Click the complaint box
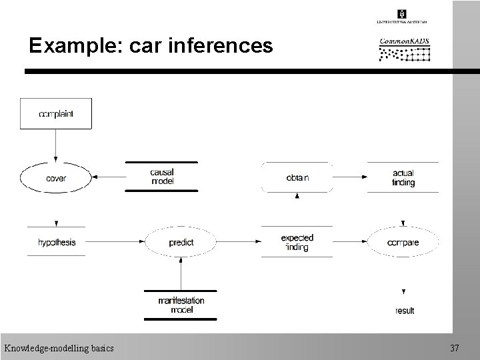[56, 113]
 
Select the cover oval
[56, 178]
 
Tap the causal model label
[162, 177]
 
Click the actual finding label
[403, 178]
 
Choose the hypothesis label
[57, 243]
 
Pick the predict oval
[181, 243]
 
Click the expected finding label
[297, 243]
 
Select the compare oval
[403, 243]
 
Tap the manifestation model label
[181, 305]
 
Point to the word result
[404, 311]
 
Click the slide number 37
[455, 348]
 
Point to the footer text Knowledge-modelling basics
[59, 348]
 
